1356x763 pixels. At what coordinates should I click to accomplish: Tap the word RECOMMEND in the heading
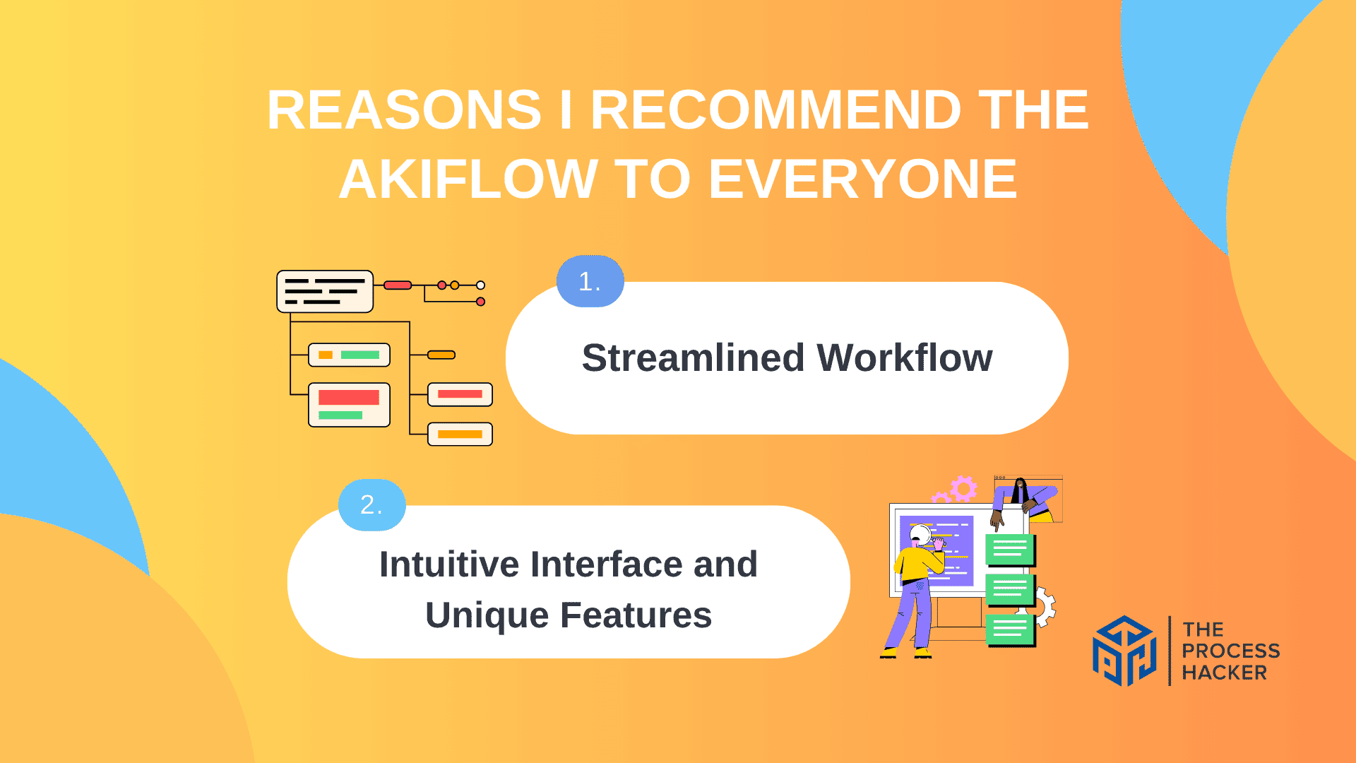coord(775,110)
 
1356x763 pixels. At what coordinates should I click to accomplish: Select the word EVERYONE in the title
coord(862,179)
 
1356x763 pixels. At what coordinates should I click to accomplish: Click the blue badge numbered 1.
coord(590,281)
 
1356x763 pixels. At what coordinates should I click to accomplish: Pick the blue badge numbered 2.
coord(371,504)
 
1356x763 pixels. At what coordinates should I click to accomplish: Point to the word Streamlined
coord(693,357)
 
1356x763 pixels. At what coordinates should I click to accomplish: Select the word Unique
coord(487,615)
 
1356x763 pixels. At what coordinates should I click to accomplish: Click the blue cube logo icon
coord(1124,651)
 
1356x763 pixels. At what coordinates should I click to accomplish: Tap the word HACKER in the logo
coord(1224,673)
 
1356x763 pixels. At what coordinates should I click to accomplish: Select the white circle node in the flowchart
coord(480,285)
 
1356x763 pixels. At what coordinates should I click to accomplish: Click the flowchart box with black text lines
coord(325,291)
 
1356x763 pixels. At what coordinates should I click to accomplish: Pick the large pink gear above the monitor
coord(963,488)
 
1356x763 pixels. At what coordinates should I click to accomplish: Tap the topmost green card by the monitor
coord(1010,550)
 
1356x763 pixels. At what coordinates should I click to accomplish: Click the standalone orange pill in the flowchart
coord(441,355)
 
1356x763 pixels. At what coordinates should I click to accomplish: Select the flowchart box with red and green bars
coord(349,405)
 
